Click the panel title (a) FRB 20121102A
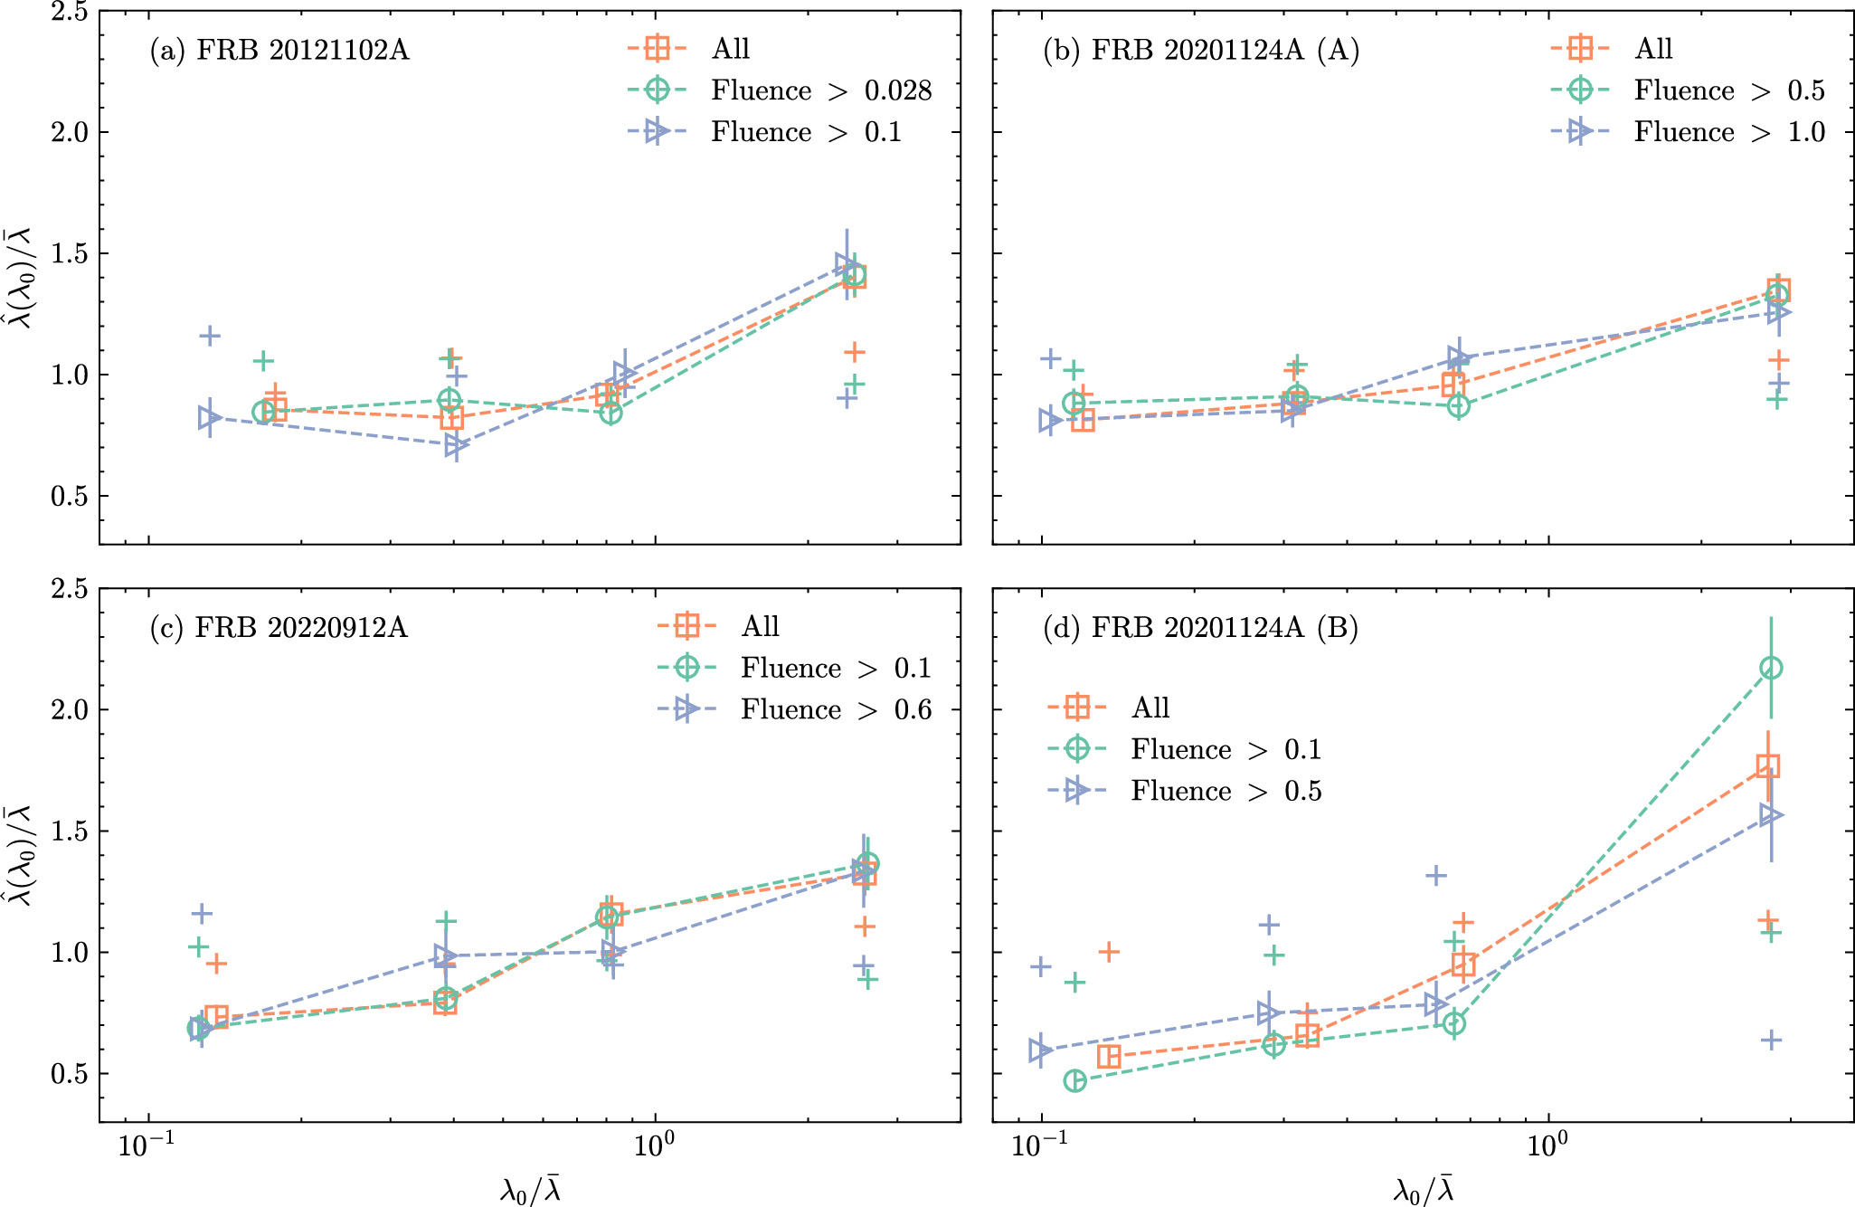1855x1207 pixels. coord(279,50)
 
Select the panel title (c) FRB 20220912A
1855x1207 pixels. coord(279,627)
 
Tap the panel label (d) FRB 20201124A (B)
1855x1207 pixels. coord(1200,627)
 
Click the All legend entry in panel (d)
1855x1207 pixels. coord(1150,707)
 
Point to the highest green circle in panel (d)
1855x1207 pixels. coord(1771,668)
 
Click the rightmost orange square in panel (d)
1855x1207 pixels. coord(1767,766)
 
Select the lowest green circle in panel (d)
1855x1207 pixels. coord(1074,1080)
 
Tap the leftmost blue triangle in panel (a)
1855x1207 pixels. coord(209,417)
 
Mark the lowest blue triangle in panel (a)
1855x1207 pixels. coord(456,444)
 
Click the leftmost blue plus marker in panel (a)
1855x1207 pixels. coord(209,336)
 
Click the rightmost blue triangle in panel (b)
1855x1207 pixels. coord(1778,312)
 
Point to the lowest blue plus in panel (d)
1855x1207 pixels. coord(1771,1040)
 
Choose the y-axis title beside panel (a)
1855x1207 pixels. coord(20,277)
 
